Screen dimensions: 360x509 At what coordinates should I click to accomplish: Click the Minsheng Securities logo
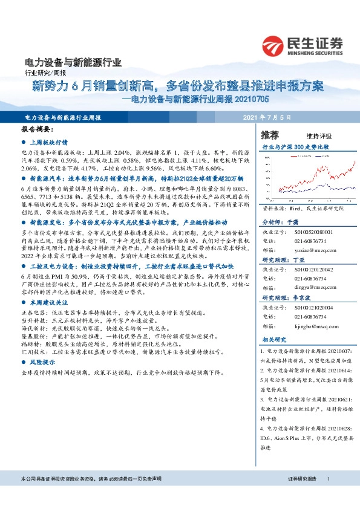tap(302, 45)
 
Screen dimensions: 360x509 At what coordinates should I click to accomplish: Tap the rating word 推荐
tap(270, 134)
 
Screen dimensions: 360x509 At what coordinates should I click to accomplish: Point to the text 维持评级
tap(311, 136)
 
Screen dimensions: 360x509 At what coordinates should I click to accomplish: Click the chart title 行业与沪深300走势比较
tap(299, 147)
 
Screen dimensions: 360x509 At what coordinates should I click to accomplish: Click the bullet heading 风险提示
tap(42, 361)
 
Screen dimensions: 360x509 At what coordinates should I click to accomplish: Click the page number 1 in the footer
tap(328, 478)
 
